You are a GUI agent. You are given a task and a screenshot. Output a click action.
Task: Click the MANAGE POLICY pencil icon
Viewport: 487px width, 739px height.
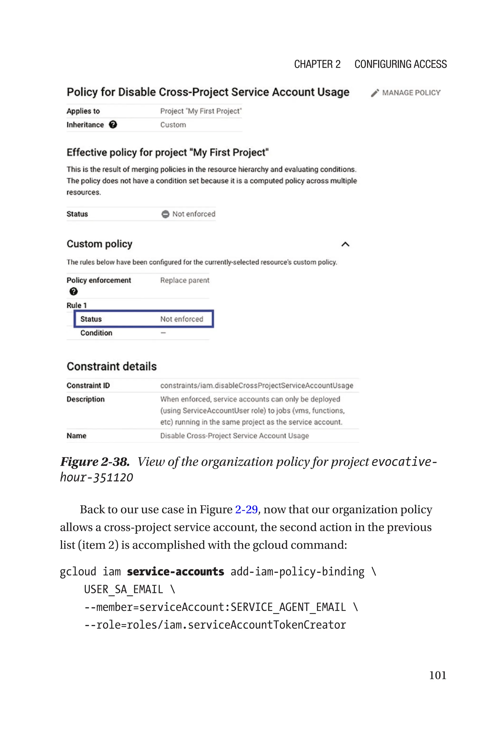375,93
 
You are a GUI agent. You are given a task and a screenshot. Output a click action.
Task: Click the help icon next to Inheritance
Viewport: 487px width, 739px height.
113,125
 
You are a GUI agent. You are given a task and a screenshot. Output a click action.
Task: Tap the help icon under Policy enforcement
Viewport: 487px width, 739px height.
74,292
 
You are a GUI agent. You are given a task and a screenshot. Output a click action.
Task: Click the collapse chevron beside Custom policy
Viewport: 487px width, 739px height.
345,244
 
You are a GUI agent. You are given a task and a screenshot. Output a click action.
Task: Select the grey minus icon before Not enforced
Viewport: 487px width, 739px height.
165,214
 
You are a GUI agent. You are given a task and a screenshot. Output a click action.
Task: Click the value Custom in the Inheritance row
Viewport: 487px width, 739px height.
173,125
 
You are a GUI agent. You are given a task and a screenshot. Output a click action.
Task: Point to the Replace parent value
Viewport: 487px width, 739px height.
185,280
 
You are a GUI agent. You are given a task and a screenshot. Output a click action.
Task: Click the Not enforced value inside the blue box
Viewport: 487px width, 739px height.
181,319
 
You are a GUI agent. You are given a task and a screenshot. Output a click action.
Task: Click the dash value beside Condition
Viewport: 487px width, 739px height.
163,333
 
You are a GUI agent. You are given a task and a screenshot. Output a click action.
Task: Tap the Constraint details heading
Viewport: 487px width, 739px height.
112,366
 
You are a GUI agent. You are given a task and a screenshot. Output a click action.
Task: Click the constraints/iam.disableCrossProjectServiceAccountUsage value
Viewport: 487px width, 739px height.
257,386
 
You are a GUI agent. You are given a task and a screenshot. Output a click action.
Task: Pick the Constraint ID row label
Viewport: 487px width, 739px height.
88,386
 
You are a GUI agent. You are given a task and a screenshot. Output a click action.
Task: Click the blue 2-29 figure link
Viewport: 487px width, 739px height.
246,510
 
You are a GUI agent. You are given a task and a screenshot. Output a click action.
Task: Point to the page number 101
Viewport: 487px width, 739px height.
437,675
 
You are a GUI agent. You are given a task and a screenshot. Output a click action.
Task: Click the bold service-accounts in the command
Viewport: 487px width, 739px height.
175,572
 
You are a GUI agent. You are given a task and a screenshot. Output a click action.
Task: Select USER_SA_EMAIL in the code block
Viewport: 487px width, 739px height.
123,590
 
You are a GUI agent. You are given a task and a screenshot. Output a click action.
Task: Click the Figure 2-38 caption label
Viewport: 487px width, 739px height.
95,462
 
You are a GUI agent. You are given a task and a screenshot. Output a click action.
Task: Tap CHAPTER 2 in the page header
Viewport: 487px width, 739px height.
317,64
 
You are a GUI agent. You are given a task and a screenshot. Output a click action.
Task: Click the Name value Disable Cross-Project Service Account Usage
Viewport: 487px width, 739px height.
234,436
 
